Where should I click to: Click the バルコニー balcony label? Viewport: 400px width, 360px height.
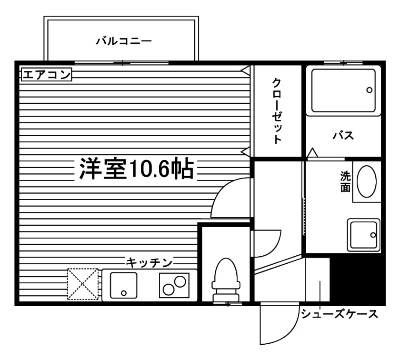(x=124, y=41)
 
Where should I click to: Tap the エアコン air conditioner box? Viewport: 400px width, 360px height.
(x=47, y=74)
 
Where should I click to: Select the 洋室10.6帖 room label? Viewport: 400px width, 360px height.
(x=136, y=169)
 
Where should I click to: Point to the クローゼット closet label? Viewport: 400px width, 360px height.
(x=277, y=111)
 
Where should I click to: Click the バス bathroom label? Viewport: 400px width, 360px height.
(x=343, y=135)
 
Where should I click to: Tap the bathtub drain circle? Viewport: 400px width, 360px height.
(x=369, y=90)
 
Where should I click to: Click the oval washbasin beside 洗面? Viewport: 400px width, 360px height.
(x=366, y=181)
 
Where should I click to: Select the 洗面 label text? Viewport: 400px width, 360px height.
(x=345, y=181)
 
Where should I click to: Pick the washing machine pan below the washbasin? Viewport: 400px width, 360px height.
(x=363, y=235)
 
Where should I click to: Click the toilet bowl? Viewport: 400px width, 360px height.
(x=226, y=280)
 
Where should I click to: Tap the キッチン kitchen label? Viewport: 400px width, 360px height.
(x=149, y=262)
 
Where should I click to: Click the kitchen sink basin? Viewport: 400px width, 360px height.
(x=123, y=285)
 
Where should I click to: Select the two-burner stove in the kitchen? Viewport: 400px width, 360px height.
(x=174, y=285)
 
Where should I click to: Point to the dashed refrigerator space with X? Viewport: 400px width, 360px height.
(x=83, y=284)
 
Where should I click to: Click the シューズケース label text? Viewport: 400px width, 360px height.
(x=339, y=314)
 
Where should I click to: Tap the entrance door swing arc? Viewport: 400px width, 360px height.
(x=290, y=331)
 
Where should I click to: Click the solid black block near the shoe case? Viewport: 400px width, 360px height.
(x=357, y=280)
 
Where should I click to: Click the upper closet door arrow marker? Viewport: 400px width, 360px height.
(x=245, y=70)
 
